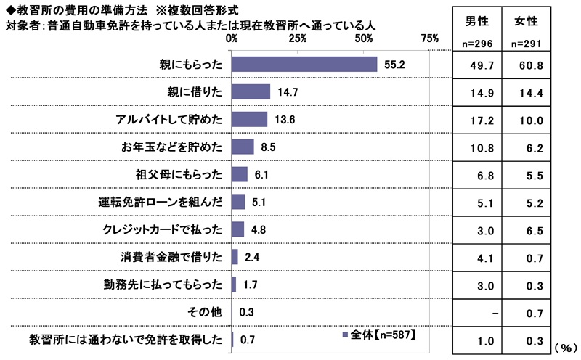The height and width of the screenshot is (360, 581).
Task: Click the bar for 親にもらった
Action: [304, 64]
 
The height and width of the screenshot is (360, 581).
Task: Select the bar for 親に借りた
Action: [251, 91]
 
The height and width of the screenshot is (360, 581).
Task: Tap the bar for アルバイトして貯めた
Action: [249, 119]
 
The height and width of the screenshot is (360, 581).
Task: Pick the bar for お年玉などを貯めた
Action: [243, 147]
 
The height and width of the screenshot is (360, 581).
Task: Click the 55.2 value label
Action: [393, 65]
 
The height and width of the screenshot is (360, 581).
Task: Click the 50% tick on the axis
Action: [364, 38]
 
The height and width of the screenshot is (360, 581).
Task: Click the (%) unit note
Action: [566, 348]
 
